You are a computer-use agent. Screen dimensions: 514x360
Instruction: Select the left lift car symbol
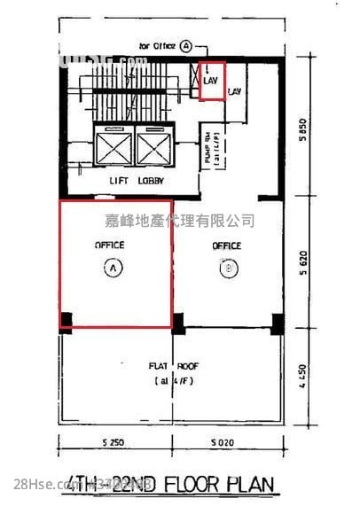pyautogui.click(x=114, y=147)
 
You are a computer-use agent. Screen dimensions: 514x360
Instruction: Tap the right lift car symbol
pyautogui.click(x=153, y=147)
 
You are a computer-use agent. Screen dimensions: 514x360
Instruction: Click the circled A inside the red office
pyautogui.click(x=113, y=263)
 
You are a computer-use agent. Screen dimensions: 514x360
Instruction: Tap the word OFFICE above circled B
pyautogui.click(x=226, y=244)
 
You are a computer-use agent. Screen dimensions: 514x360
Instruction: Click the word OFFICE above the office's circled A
pyautogui.click(x=110, y=244)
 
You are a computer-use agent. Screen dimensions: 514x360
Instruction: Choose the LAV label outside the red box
pyautogui.click(x=235, y=91)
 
